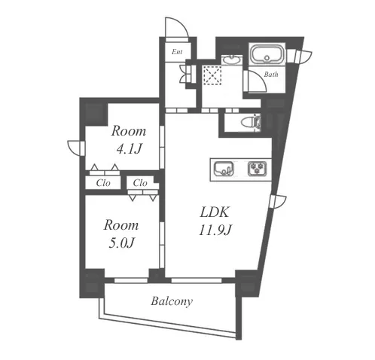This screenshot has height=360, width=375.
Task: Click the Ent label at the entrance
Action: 177,52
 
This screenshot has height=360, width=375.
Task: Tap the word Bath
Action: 271,75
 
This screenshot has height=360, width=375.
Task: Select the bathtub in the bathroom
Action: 267,54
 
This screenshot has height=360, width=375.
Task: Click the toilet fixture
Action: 251,123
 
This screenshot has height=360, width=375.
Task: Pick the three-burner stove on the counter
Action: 258,168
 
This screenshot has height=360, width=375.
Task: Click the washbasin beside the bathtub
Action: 232,60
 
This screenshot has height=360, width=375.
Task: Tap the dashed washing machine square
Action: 212,75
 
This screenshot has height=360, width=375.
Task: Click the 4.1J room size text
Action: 129,150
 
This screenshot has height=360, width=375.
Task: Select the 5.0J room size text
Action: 122,243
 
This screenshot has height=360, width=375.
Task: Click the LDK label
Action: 215,212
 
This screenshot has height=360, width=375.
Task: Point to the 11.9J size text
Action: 215,230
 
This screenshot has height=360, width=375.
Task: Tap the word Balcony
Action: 172,301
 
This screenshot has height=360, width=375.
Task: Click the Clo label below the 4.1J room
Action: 103,183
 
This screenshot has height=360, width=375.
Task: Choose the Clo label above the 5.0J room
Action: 140,183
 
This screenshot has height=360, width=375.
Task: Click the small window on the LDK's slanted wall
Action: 278,201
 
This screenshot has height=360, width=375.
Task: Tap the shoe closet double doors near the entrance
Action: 186,74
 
